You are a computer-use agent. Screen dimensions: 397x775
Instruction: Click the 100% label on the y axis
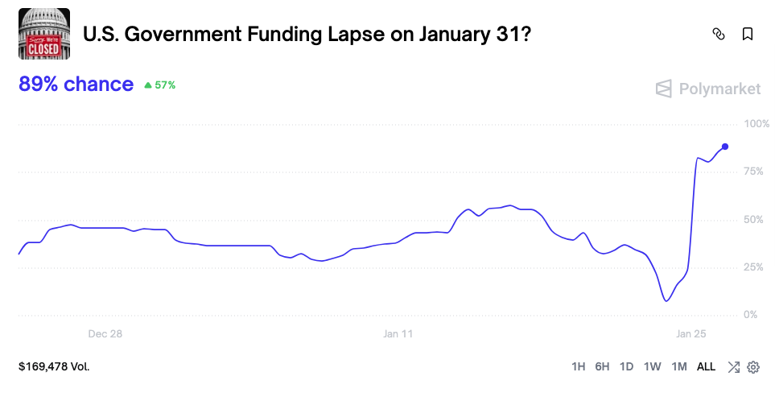[x=756, y=124]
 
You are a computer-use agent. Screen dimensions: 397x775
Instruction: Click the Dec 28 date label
[x=105, y=333]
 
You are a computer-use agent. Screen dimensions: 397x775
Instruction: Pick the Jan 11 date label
[x=398, y=333]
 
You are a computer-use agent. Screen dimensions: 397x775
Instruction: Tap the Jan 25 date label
[x=690, y=333]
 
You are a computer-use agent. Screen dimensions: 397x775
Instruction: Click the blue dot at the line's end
[x=725, y=147]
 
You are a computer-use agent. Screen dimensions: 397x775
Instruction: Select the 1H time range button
[x=578, y=367]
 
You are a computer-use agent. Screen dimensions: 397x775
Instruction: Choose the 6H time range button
[x=602, y=367]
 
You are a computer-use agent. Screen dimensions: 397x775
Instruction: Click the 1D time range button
[x=626, y=367]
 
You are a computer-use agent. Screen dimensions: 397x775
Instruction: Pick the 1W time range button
[x=652, y=367]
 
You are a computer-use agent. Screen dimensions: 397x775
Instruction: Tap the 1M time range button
[x=678, y=367]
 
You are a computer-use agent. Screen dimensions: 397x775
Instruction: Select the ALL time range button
[x=706, y=367]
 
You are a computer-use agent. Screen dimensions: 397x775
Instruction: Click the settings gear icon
[x=753, y=367]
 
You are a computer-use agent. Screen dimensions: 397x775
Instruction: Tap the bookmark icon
[x=748, y=34]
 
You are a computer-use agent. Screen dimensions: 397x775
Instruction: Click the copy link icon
[x=719, y=34]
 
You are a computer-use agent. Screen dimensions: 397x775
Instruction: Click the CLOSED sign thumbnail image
[x=44, y=34]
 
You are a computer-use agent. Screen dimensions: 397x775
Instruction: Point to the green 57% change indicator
[x=159, y=85]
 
